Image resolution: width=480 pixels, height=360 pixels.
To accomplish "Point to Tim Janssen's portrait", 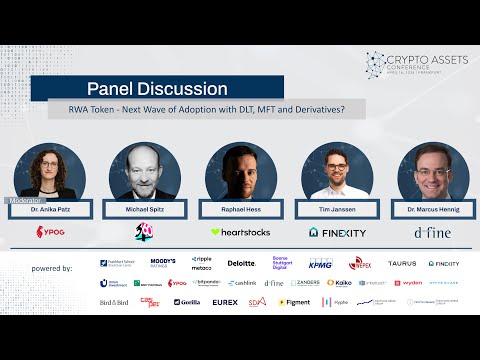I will (336, 170).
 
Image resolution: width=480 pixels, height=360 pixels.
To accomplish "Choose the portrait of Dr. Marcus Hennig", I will (432, 170).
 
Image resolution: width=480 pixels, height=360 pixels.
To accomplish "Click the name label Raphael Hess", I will (240, 210).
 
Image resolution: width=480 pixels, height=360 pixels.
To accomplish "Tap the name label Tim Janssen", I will (336, 210).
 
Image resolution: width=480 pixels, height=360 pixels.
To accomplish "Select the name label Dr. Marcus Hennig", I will (432, 210).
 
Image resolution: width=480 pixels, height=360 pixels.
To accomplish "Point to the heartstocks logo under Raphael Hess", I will (240, 232).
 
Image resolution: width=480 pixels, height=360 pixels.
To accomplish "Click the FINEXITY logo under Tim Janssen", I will (336, 232).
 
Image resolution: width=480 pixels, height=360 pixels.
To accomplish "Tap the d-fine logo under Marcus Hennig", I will (432, 232).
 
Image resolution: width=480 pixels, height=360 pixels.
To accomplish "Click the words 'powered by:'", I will (52, 269).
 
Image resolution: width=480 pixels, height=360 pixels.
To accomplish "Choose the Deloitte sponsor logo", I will (242, 264).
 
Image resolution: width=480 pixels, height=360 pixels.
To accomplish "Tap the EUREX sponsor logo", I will (225, 302).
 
